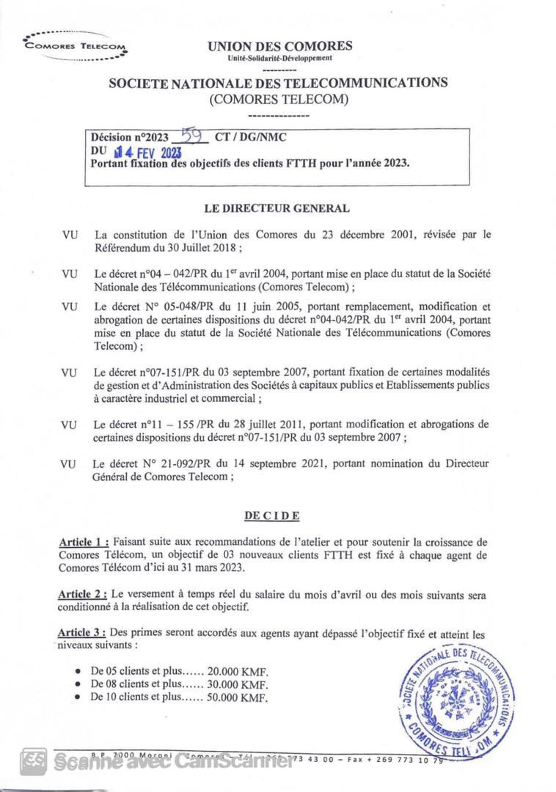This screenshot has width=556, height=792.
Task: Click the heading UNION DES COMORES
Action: [279, 45]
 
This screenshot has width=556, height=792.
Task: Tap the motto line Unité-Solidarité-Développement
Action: [279, 57]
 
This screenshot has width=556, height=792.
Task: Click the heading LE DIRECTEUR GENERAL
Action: [277, 209]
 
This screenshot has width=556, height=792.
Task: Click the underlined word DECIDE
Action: [272, 516]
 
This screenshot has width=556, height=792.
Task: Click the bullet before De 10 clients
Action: [78, 697]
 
